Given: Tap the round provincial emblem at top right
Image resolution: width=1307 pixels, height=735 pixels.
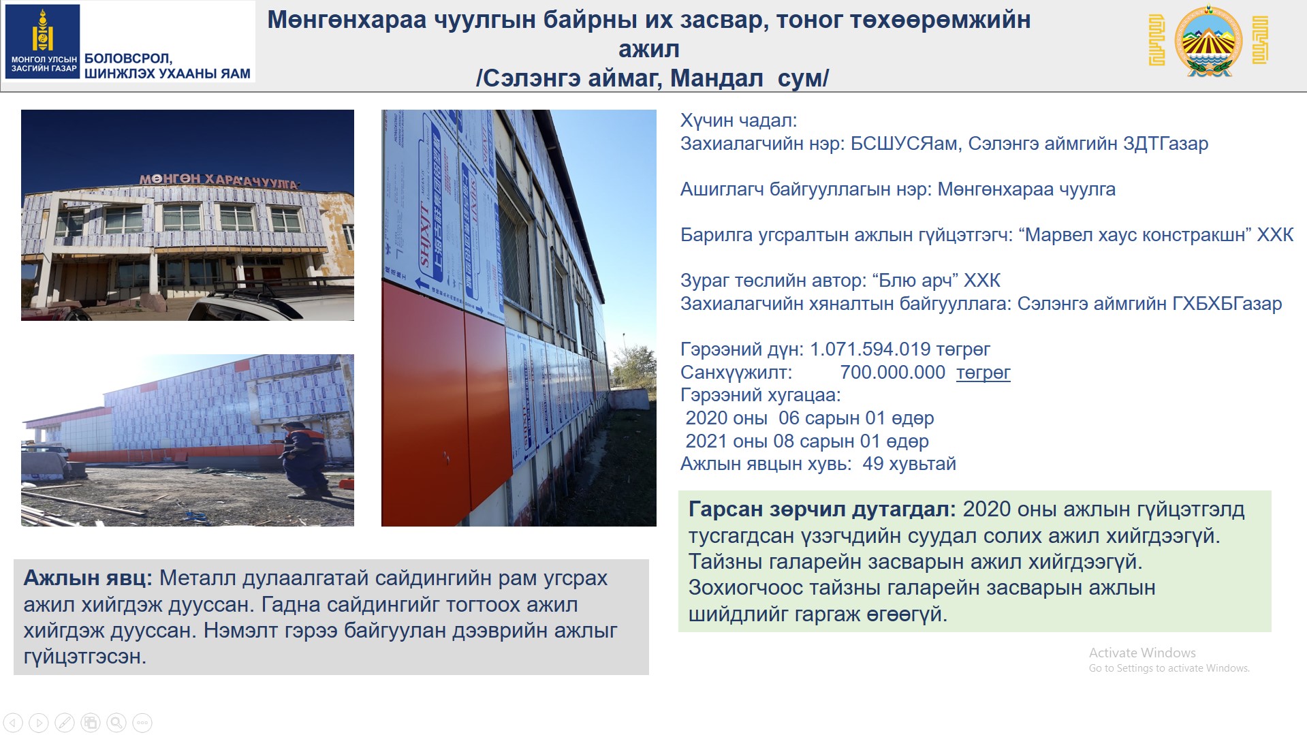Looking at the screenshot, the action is pyautogui.click(x=1209, y=41).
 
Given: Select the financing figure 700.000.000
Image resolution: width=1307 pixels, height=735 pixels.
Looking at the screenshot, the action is pyautogui.click(x=892, y=373).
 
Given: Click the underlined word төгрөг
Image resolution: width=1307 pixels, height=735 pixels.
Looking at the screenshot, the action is pyautogui.click(x=983, y=373).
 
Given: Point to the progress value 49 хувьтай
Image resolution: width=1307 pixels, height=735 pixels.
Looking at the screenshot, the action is pyautogui.click(x=909, y=464).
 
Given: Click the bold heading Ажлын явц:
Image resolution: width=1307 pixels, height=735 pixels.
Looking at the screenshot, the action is pyautogui.click(x=88, y=578).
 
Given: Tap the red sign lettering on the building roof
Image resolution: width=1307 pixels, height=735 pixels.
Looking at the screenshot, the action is pyautogui.click(x=219, y=181).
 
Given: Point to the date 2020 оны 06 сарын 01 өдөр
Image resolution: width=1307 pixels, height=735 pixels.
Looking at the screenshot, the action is pyautogui.click(x=810, y=418).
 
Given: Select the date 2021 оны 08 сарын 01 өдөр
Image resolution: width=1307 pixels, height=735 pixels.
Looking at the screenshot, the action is pyautogui.click(x=807, y=441).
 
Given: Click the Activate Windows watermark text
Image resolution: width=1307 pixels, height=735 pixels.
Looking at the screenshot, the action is pyautogui.click(x=1142, y=653).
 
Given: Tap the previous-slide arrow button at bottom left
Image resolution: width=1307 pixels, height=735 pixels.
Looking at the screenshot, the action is pyautogui.click(x=13, y=722).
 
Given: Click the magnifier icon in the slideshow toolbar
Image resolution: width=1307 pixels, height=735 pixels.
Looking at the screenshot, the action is pyautogui.click(x=116, y=722).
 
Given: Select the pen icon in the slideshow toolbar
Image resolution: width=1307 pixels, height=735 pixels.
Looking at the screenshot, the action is pyautogui.click(x=65, y=722).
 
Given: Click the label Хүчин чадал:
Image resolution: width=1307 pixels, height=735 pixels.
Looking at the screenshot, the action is pyautogui.click(x=738, y=121).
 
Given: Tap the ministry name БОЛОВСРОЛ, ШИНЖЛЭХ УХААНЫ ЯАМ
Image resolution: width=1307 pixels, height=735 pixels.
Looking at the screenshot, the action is pyautogui.click(x=168, y=66).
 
